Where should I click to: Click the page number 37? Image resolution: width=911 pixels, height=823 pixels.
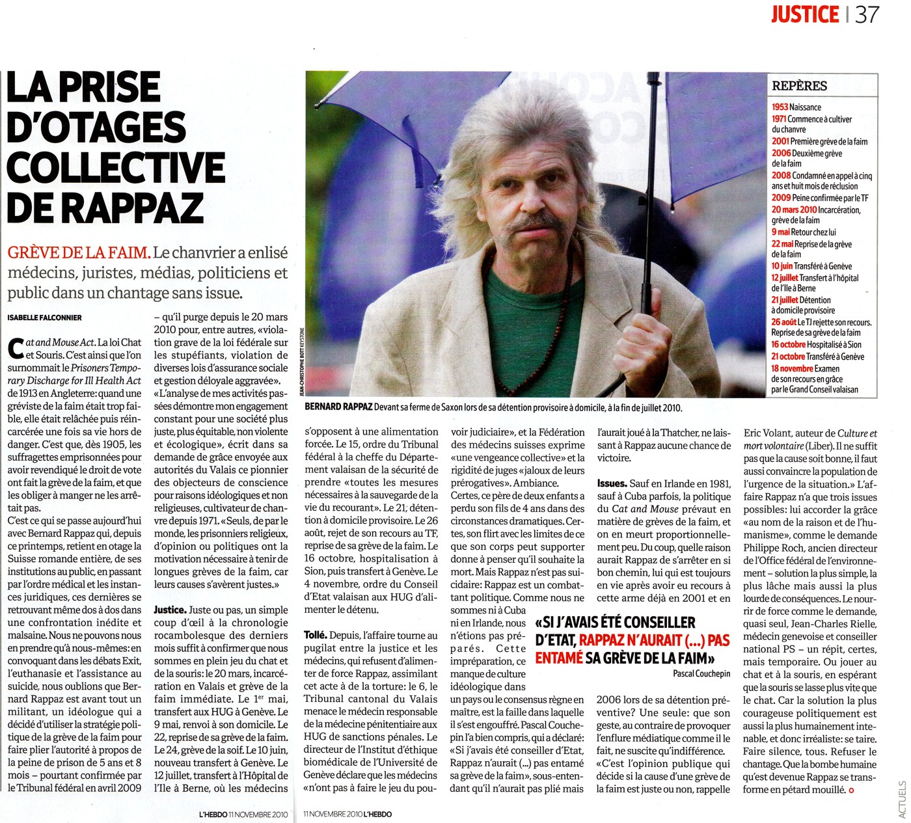867,14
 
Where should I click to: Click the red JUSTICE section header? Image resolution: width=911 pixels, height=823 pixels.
804,14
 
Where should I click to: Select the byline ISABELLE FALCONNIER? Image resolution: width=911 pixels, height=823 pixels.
44,317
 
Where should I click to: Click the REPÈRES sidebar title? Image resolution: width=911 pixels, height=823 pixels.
799,86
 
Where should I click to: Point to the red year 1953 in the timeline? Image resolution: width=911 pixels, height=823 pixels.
780,107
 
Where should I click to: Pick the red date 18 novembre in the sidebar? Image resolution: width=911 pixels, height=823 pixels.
792,368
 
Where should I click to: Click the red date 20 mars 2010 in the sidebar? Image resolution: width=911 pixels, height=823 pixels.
794,210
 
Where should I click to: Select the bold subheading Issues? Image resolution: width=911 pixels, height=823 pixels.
612,483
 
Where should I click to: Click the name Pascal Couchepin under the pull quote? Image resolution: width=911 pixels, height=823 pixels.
701,674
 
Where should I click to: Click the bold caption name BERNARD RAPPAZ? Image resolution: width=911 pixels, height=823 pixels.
338,407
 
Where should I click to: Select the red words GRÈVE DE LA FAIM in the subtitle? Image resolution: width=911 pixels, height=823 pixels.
79,252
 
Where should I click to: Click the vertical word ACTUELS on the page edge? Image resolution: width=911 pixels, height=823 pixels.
902,798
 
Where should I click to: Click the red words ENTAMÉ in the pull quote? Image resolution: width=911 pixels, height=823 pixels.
558,658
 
